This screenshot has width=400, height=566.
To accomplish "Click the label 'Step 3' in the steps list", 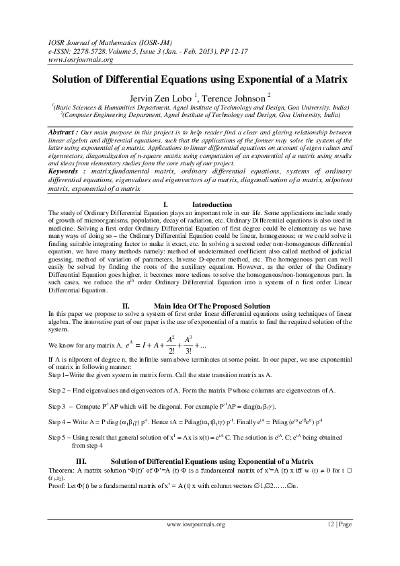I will tap(60, 407).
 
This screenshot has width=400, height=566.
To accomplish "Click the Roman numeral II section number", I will tap(124, 306).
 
